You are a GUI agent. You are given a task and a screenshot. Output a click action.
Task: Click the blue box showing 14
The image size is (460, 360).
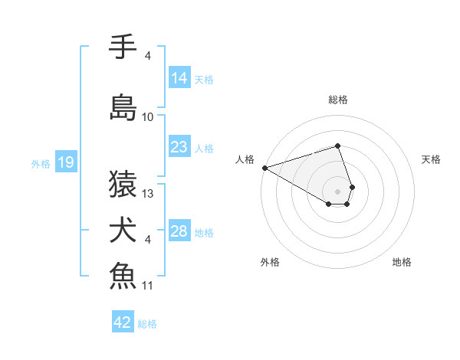click(x=179, y=78)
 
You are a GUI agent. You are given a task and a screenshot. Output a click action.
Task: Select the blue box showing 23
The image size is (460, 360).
click(x=179, y=147)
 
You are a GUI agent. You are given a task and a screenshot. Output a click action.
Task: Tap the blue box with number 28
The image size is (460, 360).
click(x=179, y=231)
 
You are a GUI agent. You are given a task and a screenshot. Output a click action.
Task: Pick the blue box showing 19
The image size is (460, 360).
click(x=66, y=162)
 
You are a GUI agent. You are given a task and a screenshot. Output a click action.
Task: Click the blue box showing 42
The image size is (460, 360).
click(x=123, y=322)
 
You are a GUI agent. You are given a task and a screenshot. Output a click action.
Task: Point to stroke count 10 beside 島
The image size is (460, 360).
click(x=148, y=117)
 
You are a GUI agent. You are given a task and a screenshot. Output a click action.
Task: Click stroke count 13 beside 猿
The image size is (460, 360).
click(x=148, y=194)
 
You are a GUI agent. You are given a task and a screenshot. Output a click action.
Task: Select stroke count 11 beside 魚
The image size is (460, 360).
click(x=148, y=286)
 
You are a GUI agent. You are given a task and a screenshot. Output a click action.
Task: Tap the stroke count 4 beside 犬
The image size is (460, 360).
click(x=148, y=240)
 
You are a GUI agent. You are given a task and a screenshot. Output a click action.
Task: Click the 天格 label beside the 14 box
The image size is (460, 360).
click(x=204, y=80)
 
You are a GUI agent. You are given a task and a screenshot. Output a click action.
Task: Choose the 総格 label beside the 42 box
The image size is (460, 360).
click(x=147, y=324)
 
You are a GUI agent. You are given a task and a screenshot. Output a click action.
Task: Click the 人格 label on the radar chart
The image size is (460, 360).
click(x=245, y=159)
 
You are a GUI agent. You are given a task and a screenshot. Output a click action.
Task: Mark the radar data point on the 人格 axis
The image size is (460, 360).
click(x=264, y=168)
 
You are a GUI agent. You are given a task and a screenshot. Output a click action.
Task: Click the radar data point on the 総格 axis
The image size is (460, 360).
click(x=337, y=146)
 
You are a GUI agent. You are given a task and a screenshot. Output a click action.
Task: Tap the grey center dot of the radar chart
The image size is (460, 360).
click(x=337, y=191)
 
